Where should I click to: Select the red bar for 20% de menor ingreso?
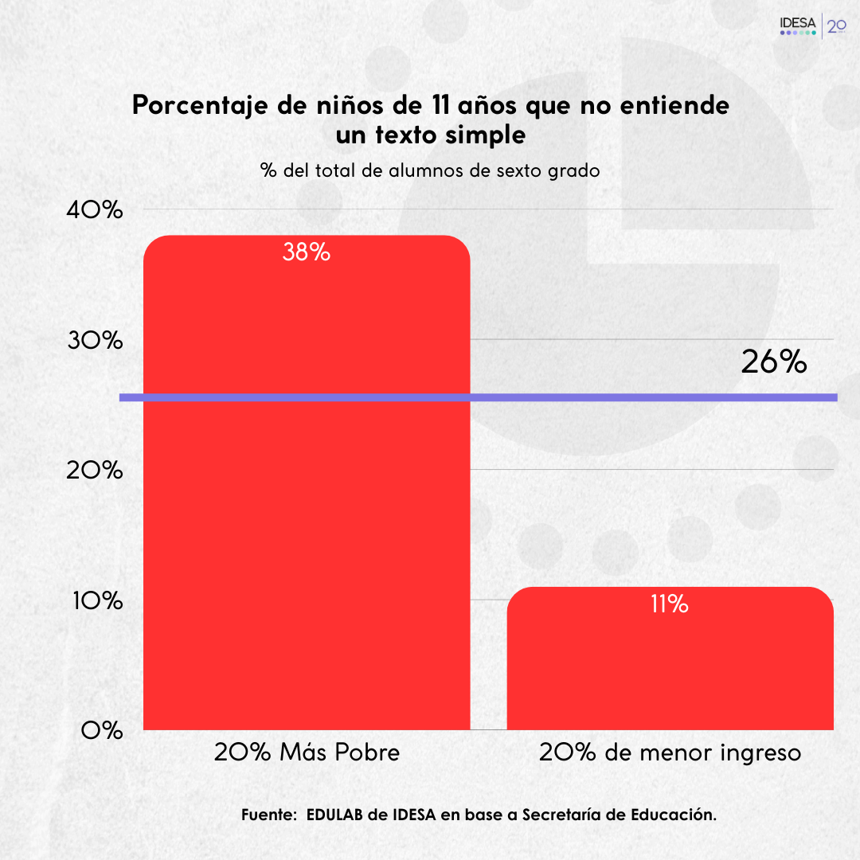pos(670,669)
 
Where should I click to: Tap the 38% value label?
pos(307,252)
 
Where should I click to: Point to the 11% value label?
pos(669,604)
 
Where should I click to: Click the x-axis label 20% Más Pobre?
pos(307,752)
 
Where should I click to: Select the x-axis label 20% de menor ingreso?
pos(670,752)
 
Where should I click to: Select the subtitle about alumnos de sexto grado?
pos(430,170)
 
